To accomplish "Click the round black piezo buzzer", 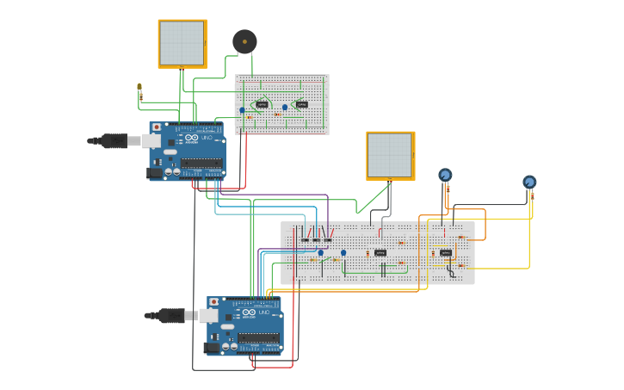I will [244, 41].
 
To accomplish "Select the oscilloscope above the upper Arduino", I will [182, 43].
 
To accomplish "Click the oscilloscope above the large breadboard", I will [391, 155].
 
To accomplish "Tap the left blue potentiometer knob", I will [445, 176].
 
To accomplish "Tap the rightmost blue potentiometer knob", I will [529, 182].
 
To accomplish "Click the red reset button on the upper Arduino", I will [156, 127].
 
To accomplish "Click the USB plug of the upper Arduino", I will [115, 140].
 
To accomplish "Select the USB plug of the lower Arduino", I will [172, 316].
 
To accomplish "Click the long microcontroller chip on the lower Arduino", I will [259, 337].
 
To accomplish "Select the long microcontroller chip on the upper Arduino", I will [202, 162].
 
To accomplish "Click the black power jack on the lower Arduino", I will [212, 348].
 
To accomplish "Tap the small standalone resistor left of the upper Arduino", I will [139, 90].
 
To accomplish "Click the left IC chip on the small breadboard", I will [262, 105].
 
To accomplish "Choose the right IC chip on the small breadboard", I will [301, 105].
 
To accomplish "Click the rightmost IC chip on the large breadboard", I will [446, 253].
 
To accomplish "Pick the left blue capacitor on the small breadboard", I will [242, 109].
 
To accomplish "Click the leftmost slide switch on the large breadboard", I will [305, 238].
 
